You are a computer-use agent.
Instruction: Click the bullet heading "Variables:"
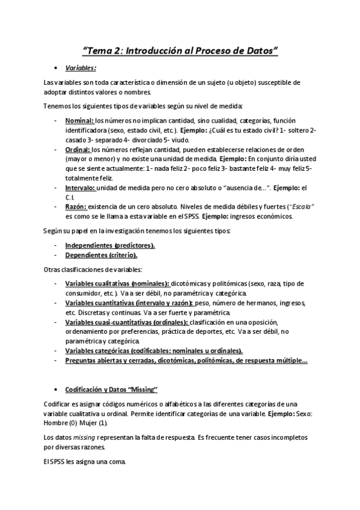(81, 68)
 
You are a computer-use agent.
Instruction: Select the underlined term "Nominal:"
(79, 120)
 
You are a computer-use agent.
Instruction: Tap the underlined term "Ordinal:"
(78, 149)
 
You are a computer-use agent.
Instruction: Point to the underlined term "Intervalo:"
(80, 188)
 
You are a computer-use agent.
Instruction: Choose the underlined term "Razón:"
(76, 207)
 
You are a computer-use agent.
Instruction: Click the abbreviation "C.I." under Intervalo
(70, 197)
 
